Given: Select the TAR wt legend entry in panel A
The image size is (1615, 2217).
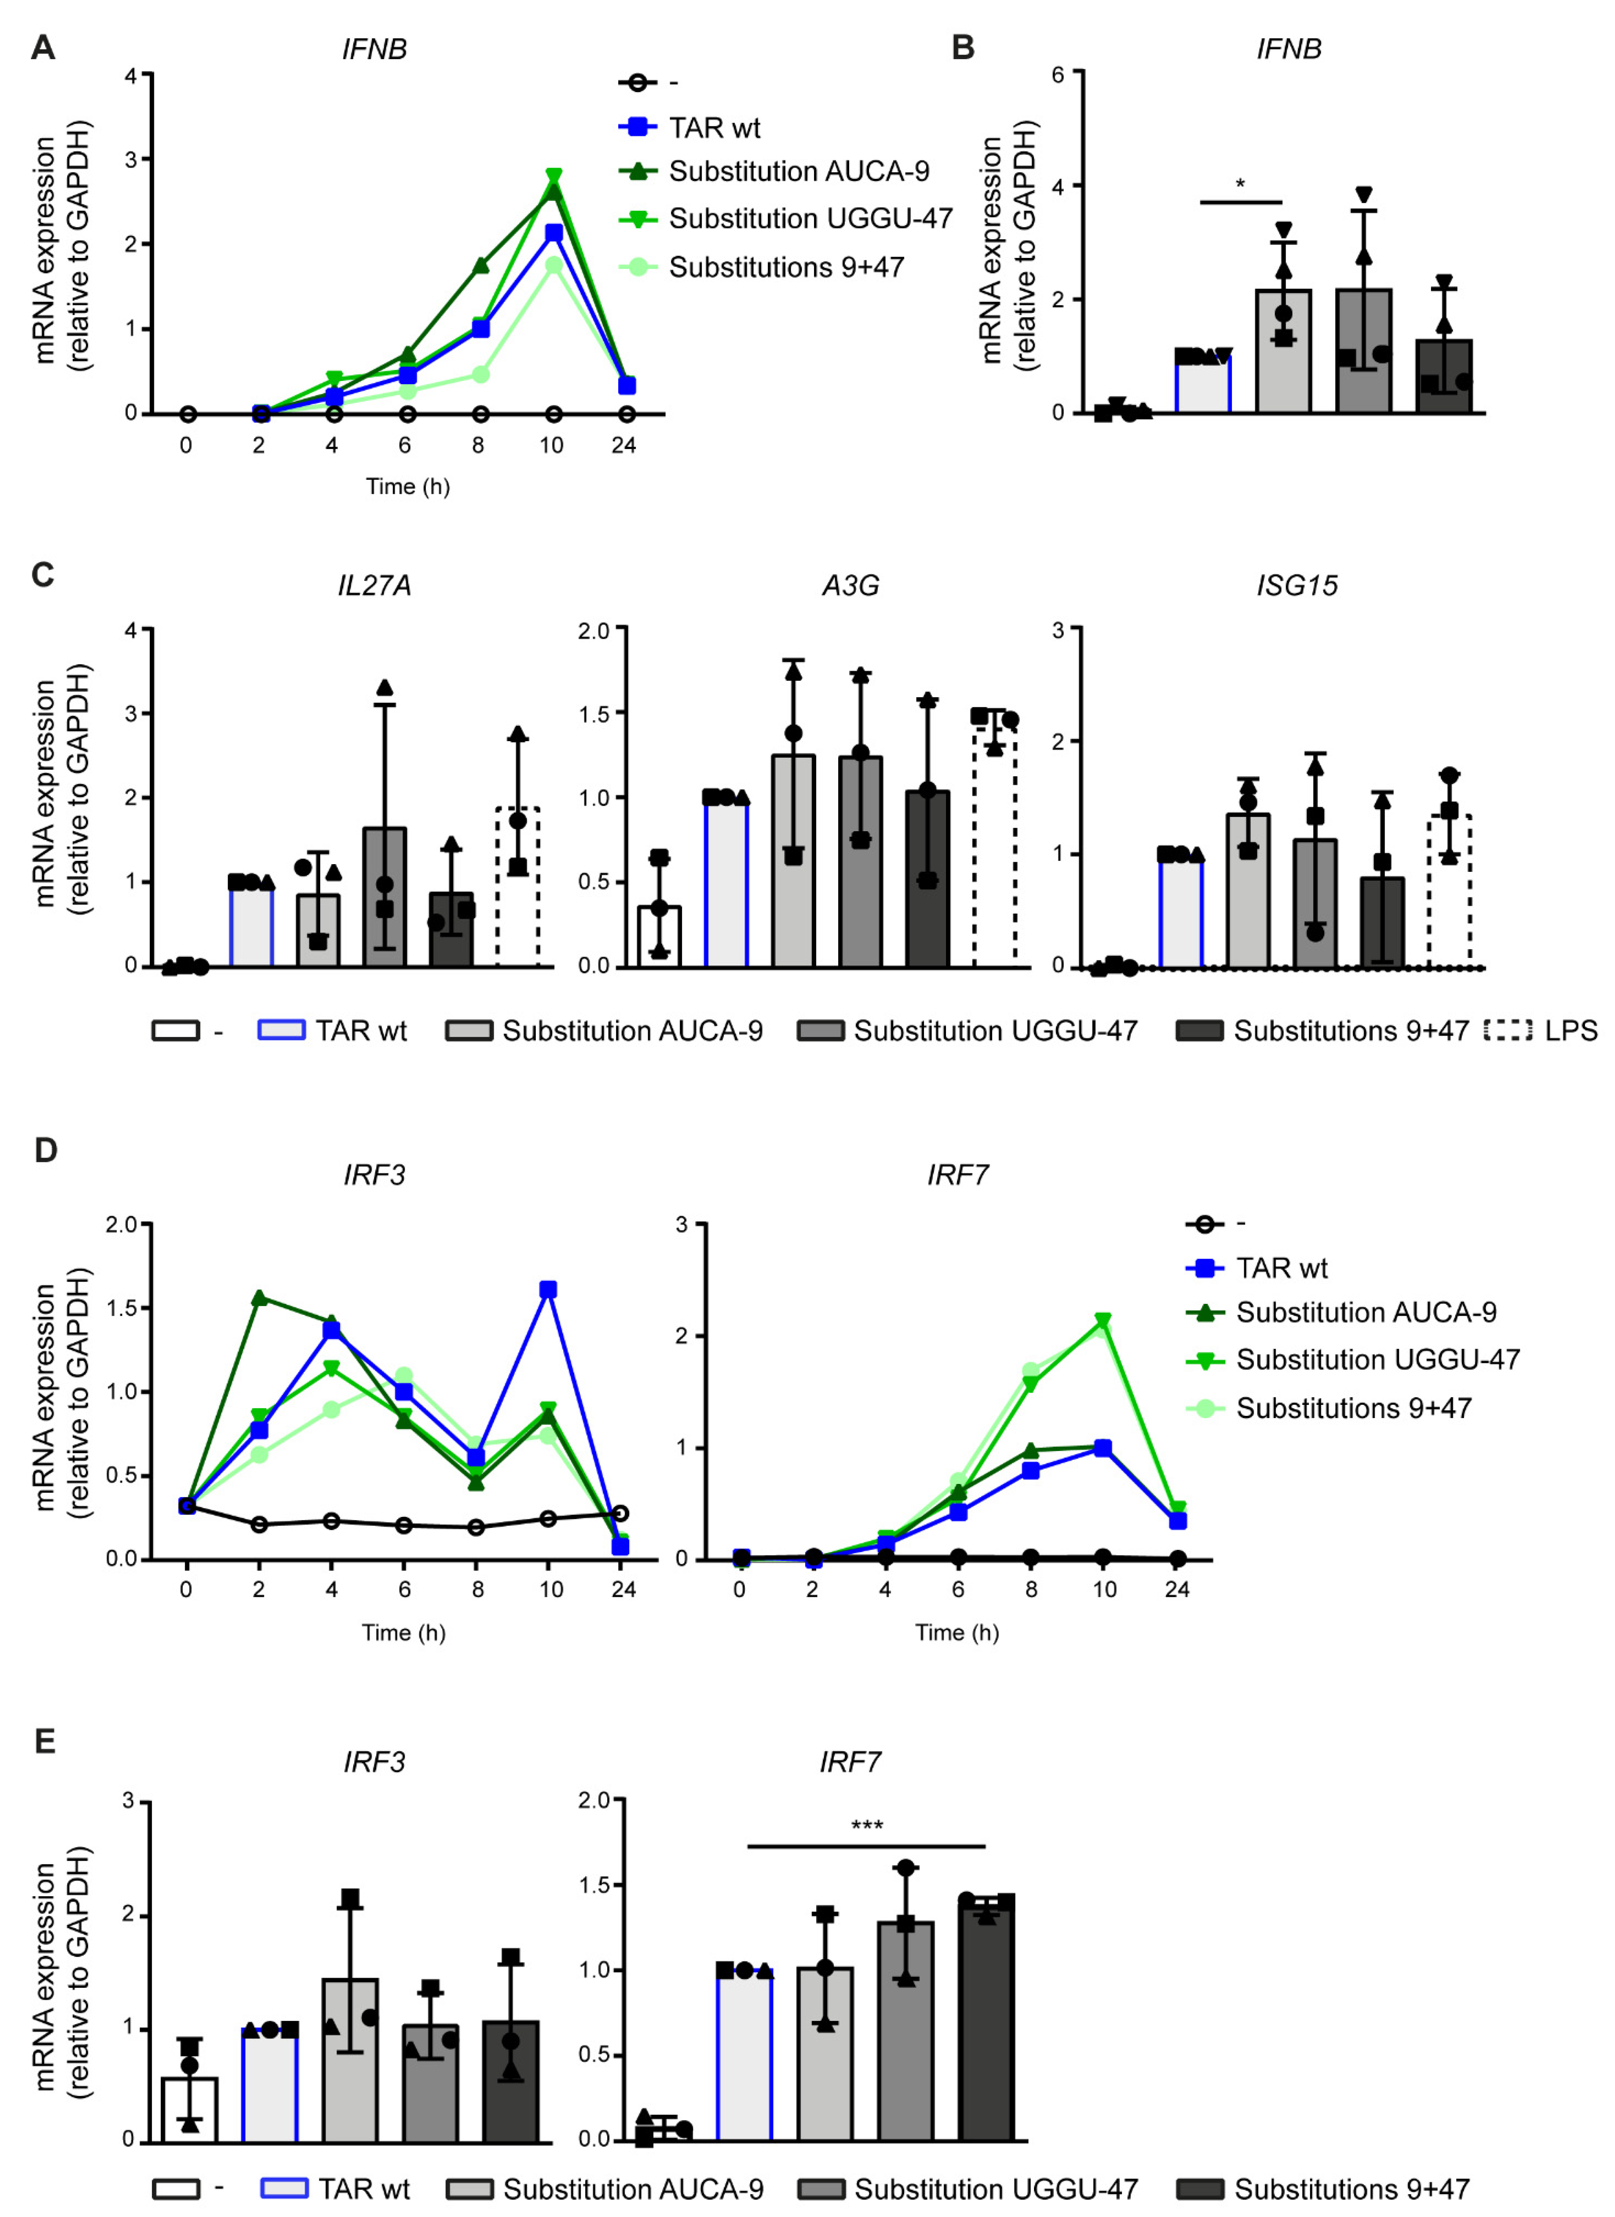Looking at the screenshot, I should tap(714, 128).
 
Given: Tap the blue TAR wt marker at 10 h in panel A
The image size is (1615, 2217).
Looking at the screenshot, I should tap(553, 233).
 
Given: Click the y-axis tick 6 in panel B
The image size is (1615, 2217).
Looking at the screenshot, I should tap(1058, 73).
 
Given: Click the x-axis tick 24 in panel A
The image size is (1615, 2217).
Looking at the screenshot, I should tap(624, 446).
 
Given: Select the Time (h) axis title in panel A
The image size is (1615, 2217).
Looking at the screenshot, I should tap(408, 487).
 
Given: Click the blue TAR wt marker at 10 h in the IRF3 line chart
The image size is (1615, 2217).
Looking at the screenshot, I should tap(548, 1290).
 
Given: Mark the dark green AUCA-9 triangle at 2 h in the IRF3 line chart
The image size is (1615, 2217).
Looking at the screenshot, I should tap(259, 1298).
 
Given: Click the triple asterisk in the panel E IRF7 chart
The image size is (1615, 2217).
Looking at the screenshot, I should tap(866, 1825).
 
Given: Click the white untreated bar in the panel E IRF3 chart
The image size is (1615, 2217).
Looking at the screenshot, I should tap(189, 2110).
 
